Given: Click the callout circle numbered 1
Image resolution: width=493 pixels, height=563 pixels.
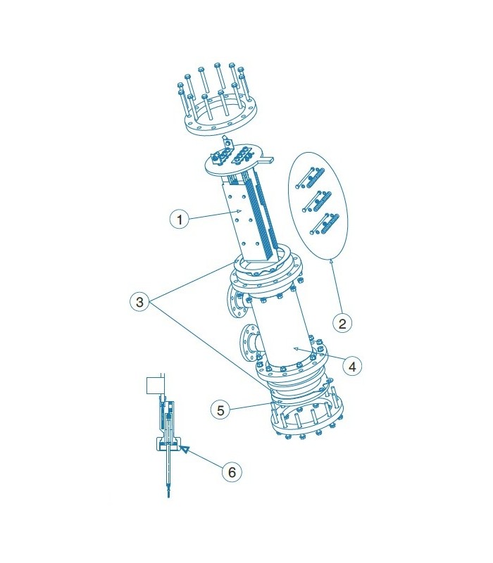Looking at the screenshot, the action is pyautogui.click(x=180, y=219).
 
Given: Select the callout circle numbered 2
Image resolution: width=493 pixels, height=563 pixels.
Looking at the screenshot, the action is pyautogui.click(x=342, y=323).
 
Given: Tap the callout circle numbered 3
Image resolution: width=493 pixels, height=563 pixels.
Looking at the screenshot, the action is pyautogui.click(x=139, y=302).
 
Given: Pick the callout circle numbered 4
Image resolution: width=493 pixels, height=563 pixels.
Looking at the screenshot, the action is pyautogui.click(x=352, y=366).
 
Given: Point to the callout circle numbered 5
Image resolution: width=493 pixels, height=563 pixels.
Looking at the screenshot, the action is pyautogui.click(x=220, y=410).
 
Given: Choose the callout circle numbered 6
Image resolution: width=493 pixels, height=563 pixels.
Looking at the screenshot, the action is pyautogui.click(x=232, y=472).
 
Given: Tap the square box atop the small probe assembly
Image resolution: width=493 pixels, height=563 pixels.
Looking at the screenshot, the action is pyautogui.click(x=156, y=385).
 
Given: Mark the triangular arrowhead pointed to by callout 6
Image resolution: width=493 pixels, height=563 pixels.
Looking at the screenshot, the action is pyautogui.click(x=185, y=449).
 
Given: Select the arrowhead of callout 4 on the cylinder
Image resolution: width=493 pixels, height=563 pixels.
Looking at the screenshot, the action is pyautogui.click(x=296, y=348).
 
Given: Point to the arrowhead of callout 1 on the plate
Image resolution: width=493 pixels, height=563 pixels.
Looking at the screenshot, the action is pyautogui.click(x=237, y=212).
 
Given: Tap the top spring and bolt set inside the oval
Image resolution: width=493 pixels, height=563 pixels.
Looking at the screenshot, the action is pyautogui.click(x=311, y=178).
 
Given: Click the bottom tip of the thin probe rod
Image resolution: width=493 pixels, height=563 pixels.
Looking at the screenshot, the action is pyautogui.click(x=168, y=498).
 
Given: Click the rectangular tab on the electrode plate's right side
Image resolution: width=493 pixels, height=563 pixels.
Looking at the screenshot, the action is pyautogui.click(x=268, y=159).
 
